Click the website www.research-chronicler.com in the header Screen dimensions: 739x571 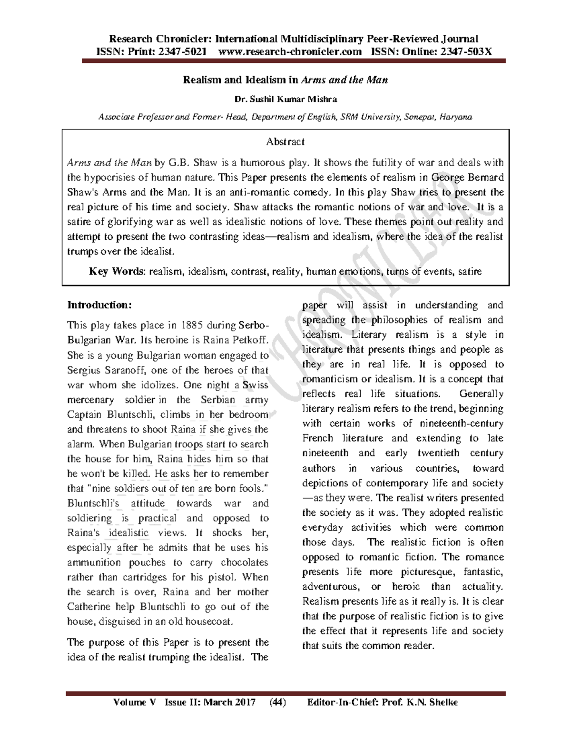pyautogui.click(x=289, y=51)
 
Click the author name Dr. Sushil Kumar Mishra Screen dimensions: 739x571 pyautogui.click(x=285, y=99)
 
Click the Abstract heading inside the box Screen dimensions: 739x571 pyautogui.click(x=285, y=142)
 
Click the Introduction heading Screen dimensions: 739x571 pyautogui.click(x=99, y=305)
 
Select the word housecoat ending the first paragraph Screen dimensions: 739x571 pyautogui.click(x=208, y=621)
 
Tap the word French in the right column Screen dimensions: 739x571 pyautogui.click(x=318, y=438)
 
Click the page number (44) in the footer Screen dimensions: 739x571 pyautogui.click(x=277, y=702)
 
